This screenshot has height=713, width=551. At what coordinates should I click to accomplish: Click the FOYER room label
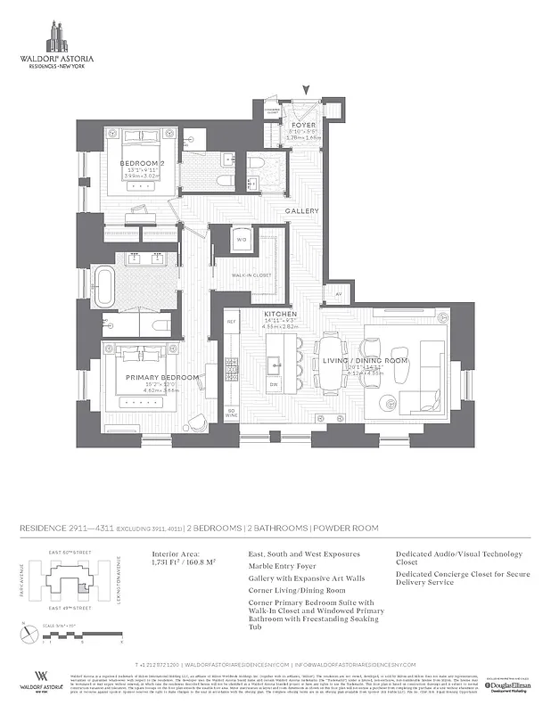point(304,126)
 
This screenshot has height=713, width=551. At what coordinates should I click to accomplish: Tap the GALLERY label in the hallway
point(302,210)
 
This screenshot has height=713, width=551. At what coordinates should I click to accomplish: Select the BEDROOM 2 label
point(142,164)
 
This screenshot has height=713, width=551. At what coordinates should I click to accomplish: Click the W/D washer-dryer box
point(242,240)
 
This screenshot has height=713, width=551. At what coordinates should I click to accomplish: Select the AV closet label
point(338,293)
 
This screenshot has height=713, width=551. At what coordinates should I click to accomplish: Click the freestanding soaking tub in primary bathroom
point(106,287)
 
